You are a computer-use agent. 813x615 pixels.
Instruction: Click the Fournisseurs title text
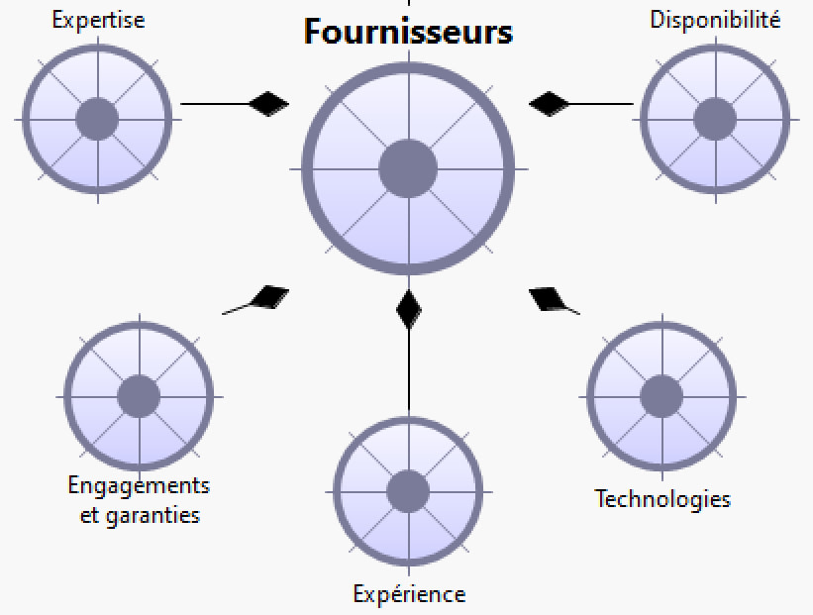408,32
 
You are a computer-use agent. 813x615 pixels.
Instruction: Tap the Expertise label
98,20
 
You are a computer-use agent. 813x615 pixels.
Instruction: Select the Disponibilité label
715,20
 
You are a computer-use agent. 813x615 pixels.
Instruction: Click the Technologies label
662,498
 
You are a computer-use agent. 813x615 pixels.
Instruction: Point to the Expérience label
409,594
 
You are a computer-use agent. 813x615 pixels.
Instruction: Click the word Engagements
139,486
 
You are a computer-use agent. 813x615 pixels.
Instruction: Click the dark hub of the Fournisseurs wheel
408,168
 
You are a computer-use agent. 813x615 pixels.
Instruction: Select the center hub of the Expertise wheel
98,119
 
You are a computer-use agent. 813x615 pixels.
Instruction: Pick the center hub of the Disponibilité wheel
715,120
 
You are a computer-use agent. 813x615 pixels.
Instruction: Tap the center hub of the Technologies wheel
661,397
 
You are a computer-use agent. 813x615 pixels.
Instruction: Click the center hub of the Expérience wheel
408,491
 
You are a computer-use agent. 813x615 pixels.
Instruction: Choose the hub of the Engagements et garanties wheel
139,396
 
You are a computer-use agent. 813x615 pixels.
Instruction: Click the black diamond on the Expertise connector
268,103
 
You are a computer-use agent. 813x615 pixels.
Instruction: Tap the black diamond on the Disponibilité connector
549,103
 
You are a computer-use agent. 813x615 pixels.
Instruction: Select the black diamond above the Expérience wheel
409,310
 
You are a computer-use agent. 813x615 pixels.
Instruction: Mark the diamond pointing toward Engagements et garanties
267,296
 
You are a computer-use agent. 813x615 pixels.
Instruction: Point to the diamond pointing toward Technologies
549,297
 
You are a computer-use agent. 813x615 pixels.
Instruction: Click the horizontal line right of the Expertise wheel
215,103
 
